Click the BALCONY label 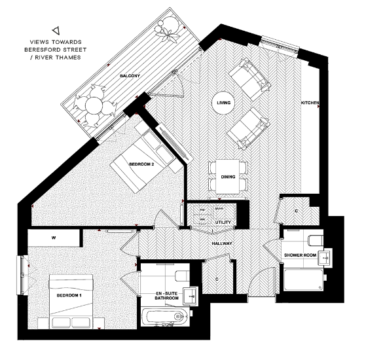tap(129, 77)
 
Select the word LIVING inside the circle tap(223, 102)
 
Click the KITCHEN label tap(310, 103)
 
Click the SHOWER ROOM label tap(300, 255)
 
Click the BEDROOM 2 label tap(141, 164)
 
